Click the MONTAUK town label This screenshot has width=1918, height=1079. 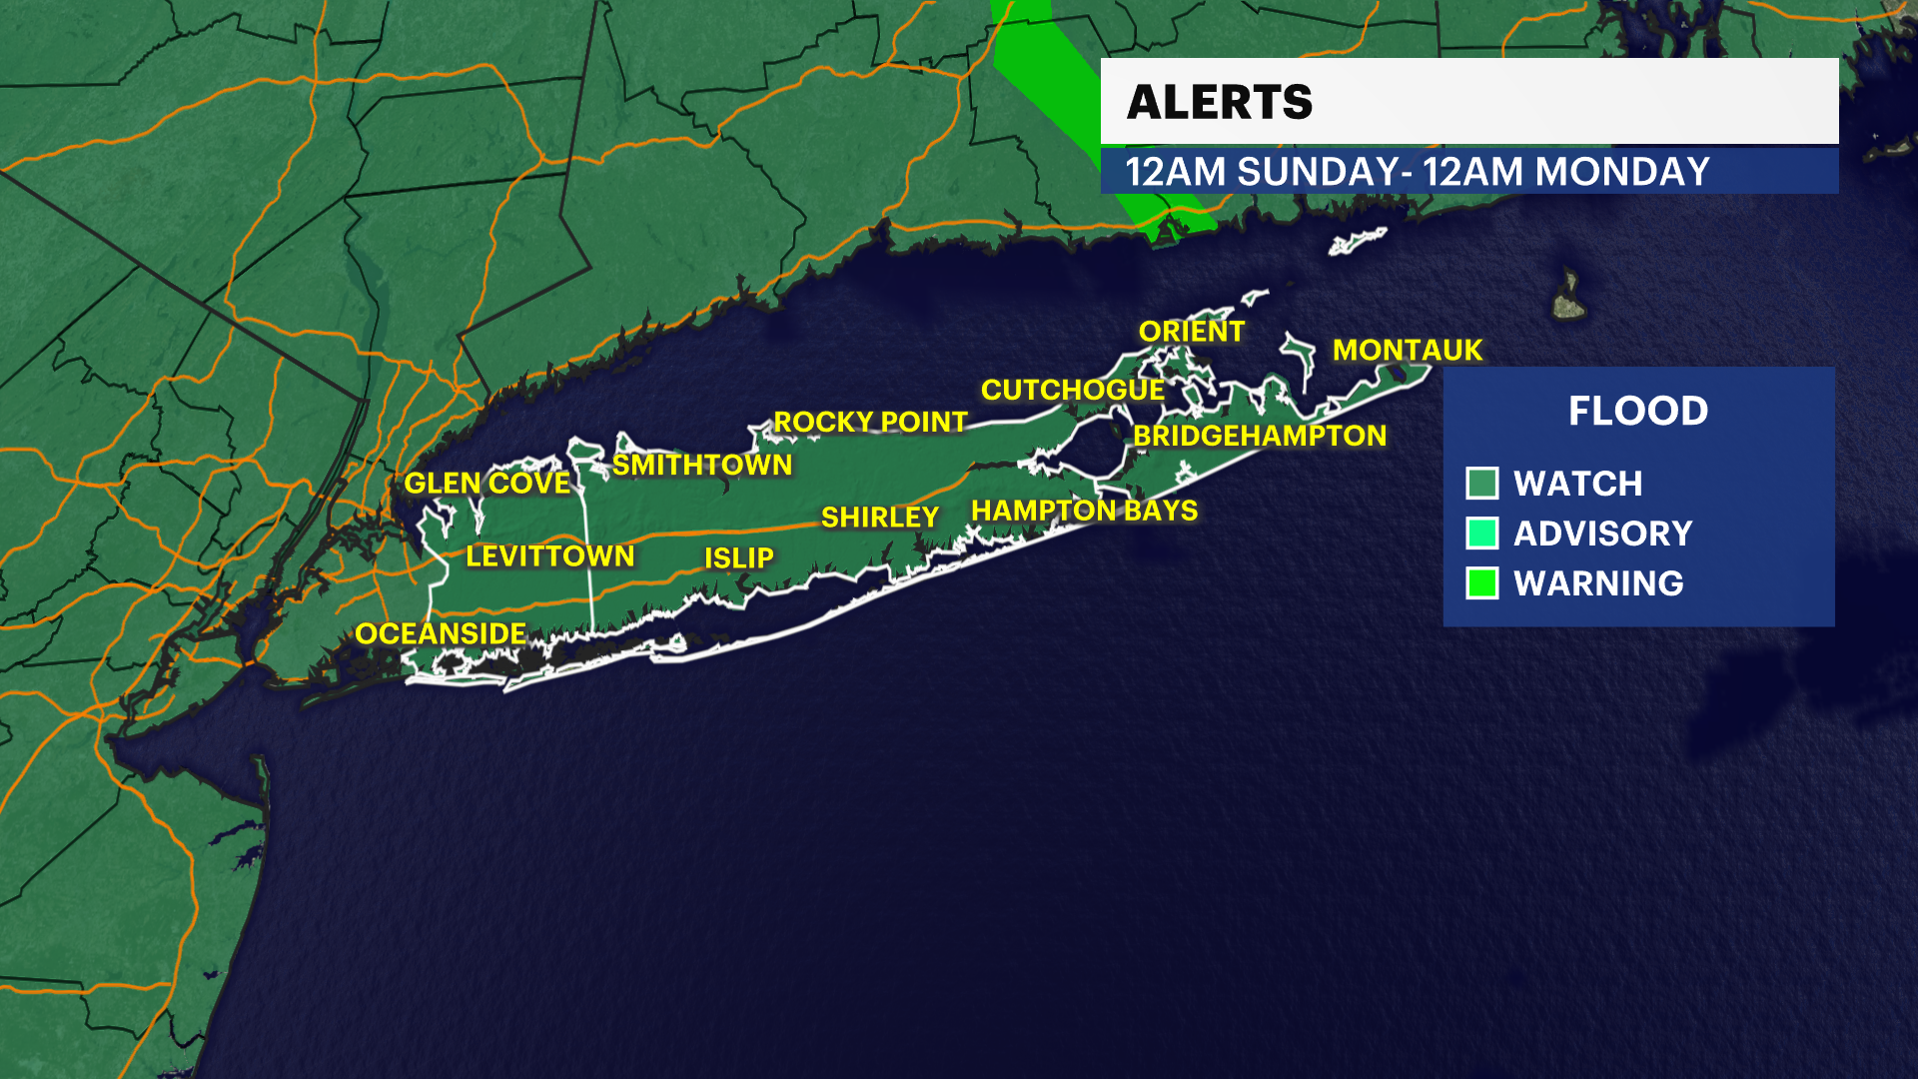pos(1407,350)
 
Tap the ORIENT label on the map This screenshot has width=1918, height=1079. pos(1191,332)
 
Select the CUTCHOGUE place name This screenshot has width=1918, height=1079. pos(1072,390)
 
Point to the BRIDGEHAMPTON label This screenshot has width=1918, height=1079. pos(1259,436)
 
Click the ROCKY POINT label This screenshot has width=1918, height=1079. pos(870,422)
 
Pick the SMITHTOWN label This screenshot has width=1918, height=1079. pos(701,465)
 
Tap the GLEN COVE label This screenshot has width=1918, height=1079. pos(486,483)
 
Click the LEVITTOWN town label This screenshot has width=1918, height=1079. pos(549,555)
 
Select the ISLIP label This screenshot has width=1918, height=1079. pos(738,557)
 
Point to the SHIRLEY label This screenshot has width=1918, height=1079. pos(879,517)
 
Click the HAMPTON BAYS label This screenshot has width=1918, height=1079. pos(1084,511)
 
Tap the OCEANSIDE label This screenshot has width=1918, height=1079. pos(441,633)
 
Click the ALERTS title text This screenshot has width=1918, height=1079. pos(1219,102)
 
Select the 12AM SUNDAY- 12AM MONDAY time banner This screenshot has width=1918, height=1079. pos(1418,172)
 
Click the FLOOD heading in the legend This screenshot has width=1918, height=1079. pos(1637,411)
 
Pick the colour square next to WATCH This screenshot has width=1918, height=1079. pos(1481,484)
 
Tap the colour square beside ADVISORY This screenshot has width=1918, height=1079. pos(1481,534)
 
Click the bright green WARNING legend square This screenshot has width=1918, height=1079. pos(1481,583)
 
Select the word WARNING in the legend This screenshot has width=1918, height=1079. pos(1597,583)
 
